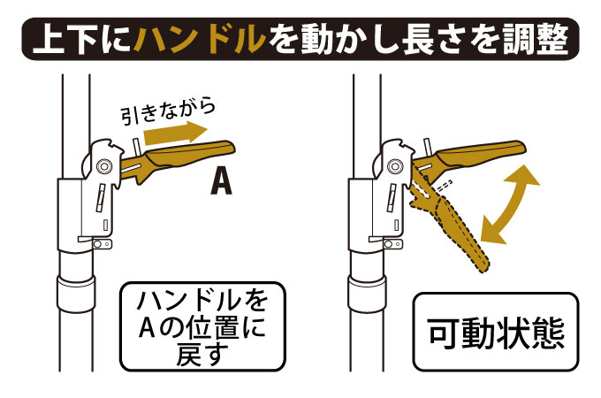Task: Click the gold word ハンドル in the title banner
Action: (200, 38)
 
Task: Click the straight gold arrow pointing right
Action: (176, 133)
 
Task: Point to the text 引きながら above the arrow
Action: (168, 112)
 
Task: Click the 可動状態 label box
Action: (495, 332)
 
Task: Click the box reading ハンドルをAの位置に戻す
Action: (202, 326)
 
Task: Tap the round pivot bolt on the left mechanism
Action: (103, 166)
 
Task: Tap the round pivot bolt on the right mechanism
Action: (394, 166)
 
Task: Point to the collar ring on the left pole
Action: (75, 294)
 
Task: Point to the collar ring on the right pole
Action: (367, 294)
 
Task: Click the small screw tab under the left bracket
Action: (101, 244)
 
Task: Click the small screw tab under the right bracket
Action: (392, 244)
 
